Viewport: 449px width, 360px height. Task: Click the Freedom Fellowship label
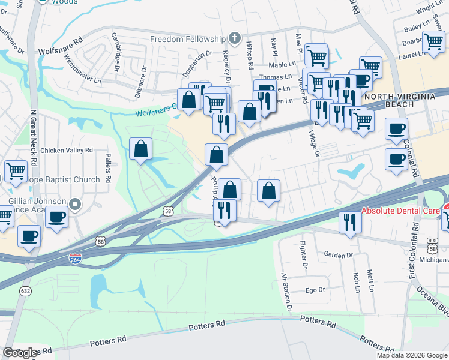tap(187, 39)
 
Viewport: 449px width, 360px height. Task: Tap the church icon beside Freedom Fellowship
tap(235, 39)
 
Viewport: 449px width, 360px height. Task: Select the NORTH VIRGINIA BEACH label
tap(398, 100)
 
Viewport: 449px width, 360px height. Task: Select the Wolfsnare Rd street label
tap(60, 46)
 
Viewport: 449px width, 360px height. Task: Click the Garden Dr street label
tap(338, 255)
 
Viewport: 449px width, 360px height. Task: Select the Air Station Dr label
tap(286, 291)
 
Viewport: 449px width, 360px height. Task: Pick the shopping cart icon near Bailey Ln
tap(433, 42)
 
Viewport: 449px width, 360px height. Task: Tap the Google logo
tap(20, 353)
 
